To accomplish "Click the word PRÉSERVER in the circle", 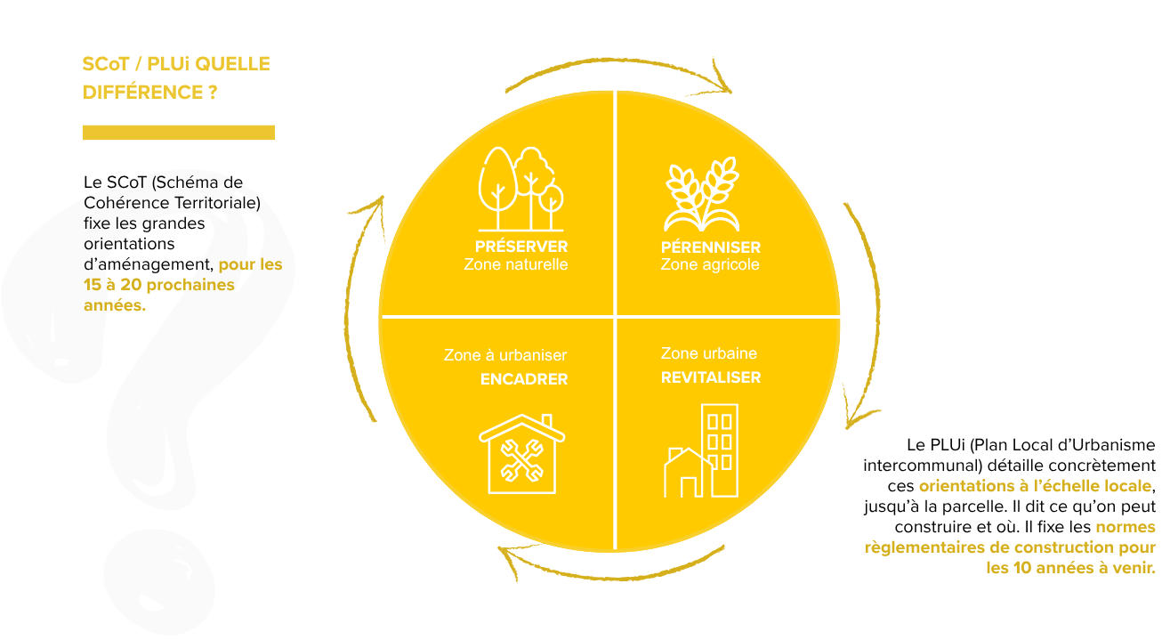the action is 521,246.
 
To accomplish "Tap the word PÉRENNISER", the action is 711,247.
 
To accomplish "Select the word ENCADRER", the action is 524,379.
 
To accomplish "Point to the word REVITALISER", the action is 711,377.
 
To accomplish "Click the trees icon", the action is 520,189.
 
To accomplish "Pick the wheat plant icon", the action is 702,194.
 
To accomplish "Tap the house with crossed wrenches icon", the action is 522,454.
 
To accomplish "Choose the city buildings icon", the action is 701,450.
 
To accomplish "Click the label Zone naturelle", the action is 516,264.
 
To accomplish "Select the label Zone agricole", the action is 710,264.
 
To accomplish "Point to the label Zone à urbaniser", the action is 505,355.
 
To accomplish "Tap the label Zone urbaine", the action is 708,353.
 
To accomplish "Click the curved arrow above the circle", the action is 617,61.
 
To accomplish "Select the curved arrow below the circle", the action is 612,577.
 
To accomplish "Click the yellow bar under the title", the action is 179,133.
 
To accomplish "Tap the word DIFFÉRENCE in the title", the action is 142,93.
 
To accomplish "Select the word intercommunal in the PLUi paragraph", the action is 923,466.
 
